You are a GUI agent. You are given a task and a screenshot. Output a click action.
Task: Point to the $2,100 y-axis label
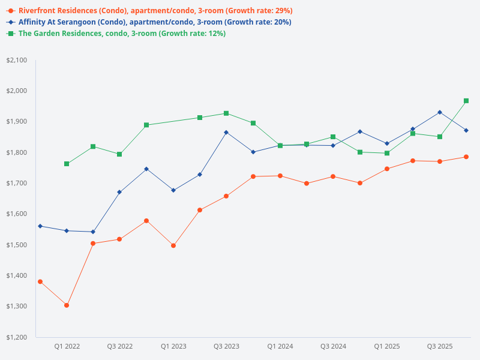(17, 60)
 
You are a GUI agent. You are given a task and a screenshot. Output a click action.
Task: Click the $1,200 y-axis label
(17, 337)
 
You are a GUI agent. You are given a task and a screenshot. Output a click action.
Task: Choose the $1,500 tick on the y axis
(17, 245)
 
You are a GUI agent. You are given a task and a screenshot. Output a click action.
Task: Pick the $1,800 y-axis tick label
(17, 152)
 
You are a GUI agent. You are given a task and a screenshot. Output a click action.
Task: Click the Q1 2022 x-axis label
(67, 346)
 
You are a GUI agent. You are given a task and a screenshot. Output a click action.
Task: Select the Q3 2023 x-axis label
(226, 346)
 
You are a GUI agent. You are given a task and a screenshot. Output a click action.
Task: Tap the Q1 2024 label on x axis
(280, 346)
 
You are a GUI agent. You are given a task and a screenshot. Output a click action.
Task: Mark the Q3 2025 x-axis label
(440, 346)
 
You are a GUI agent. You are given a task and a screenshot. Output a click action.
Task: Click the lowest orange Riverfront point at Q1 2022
(67, 305)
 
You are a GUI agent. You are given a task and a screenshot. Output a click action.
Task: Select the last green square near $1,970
(466, 101)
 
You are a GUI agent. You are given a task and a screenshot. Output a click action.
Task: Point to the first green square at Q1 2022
(67, 164)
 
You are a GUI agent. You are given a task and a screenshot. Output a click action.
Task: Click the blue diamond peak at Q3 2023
(226, 132)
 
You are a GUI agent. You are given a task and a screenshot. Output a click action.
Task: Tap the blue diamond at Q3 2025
(440, 112)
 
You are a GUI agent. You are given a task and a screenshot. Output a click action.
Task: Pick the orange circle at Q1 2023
(173, 245)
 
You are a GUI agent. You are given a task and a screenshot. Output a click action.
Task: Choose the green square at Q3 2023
(226, 113)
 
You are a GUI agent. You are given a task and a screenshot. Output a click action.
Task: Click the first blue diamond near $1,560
(40, 226)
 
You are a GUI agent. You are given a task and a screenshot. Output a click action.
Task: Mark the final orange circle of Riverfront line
(466, 157)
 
